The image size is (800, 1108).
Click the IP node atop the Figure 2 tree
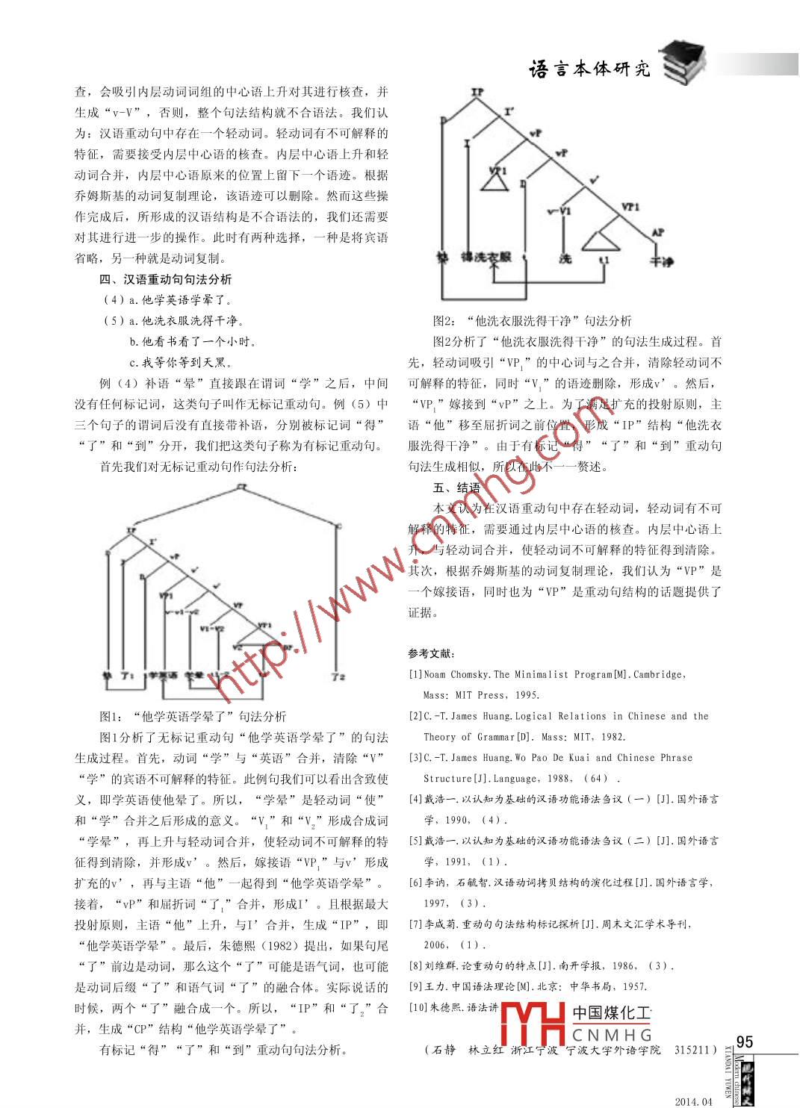coord(477,93)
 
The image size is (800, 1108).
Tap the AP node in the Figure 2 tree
coord(657,233)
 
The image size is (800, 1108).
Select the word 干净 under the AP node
coord(661,262)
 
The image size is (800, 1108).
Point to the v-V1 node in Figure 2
coord(559,211)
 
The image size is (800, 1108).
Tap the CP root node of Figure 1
coord(241,487)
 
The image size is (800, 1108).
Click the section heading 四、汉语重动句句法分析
coord(165,279)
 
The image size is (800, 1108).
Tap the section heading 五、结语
coord(456,488)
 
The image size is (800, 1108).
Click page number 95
coord(744,1042)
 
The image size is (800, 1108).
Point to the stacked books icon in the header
coord(683,63)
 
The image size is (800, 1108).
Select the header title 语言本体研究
coord(589,69)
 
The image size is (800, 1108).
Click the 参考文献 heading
coord(431,653)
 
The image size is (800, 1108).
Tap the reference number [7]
coord(415,924)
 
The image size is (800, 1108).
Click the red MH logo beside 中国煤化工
coord(532,1024)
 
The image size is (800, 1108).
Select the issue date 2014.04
coord(693,1101)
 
